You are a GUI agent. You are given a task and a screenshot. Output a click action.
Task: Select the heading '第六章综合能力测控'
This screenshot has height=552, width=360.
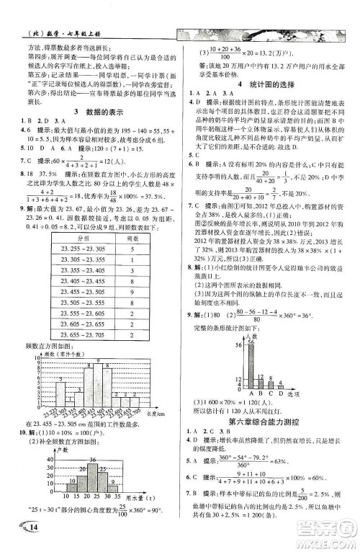(266, 419)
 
